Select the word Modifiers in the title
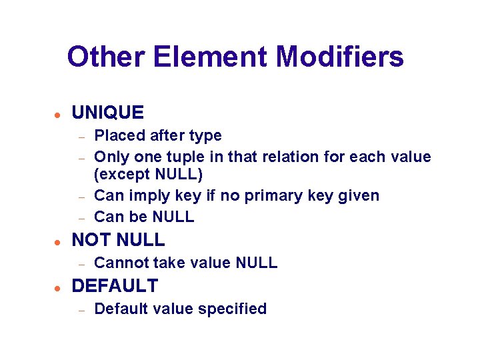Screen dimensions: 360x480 tap(339, 57)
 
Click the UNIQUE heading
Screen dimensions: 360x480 tap(107, 113)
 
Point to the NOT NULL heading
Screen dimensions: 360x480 tap(118, 240)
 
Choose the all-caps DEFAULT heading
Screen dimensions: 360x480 tap(115, 286)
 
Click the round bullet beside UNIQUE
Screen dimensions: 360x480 tap(58, 114)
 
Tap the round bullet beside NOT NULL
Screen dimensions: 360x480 tap(58, 241)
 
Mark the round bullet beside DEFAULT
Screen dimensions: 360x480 tap(58, 287)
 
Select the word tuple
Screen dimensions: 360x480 tap(186, 157)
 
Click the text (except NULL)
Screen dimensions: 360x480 tap(148, 175)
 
